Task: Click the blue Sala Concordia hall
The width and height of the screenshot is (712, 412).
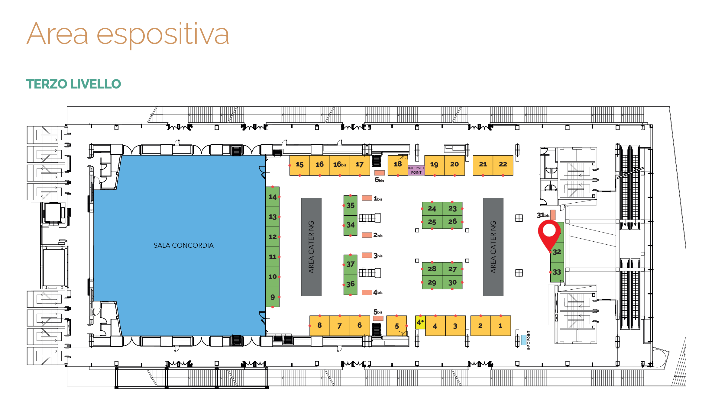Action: (181, 245)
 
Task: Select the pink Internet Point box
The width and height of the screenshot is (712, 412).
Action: (416, 170)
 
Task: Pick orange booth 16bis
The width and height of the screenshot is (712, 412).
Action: (340, 165)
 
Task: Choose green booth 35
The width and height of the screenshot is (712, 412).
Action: (351, 205)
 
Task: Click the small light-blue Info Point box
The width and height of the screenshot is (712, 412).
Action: (523, 340)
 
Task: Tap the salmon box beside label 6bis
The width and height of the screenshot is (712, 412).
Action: (380, 173)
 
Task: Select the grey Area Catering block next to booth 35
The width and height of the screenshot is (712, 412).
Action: (311, 247)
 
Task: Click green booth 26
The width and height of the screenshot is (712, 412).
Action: (452, 222)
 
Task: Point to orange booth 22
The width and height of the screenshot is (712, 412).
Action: (503, 165)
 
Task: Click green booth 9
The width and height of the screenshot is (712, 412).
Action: (273, 297)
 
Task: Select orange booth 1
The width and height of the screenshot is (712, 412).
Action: (500, 326)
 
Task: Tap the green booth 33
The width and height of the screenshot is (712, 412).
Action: (557, 272)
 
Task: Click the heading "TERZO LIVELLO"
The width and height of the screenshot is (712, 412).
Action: (73, 84)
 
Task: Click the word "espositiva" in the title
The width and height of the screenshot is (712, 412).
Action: (163, 35)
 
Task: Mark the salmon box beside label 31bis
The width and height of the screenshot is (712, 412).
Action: (553, 215)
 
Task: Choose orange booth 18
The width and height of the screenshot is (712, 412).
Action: (398, 165)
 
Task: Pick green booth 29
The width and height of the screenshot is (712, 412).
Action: (432, 282)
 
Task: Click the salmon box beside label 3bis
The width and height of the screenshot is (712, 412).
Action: (367, 255)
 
